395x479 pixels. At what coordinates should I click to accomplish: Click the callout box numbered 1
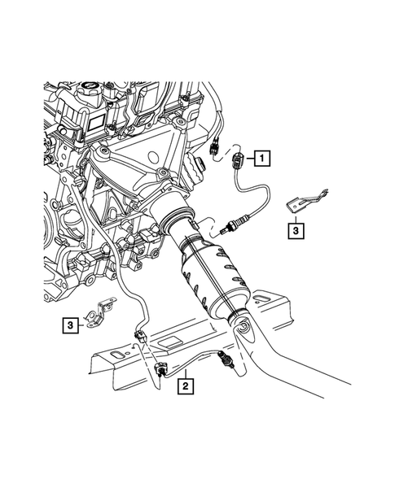pyautogui.click(x=262, y=158)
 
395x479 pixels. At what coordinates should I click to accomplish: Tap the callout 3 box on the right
pyautogui.click(x=296, y=231)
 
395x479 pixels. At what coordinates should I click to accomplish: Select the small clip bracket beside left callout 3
pyautogui.click(x=104, y=313)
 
